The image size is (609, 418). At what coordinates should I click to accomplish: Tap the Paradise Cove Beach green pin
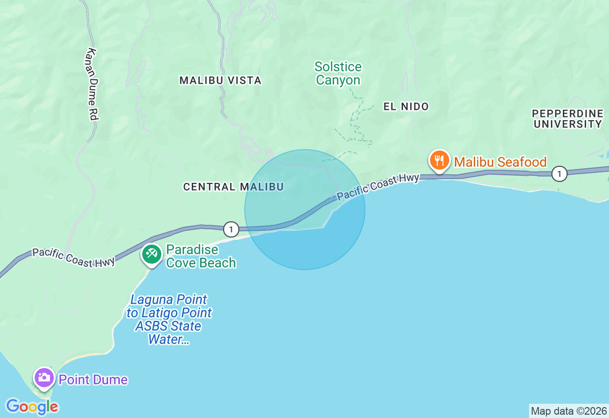(152, 254)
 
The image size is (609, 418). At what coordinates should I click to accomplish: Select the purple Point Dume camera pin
(44, 378)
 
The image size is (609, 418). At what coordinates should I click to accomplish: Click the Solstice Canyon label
(338, 74)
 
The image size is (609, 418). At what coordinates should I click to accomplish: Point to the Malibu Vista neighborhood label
(220, 80)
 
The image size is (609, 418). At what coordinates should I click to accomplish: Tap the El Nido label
(406, 106)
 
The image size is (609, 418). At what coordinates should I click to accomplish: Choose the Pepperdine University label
(568, 119)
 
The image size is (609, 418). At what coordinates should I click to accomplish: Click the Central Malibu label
(233, 187)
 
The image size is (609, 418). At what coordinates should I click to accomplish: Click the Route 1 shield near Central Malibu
(231, 229)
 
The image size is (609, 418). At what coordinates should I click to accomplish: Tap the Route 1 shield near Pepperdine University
(560, 174)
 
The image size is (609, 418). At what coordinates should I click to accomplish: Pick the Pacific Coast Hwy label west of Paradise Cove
(73, 258)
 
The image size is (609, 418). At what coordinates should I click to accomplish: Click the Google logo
(32, 407)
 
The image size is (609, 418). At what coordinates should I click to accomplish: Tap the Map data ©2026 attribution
(569, 411)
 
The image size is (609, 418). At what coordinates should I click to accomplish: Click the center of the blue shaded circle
(305, 209)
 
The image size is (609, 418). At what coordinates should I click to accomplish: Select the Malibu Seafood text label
(500, 162)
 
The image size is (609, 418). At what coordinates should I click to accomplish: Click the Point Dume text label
(93, 380)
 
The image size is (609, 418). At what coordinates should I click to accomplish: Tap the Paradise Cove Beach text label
(201, 256)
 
